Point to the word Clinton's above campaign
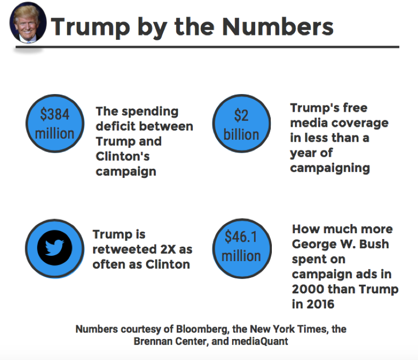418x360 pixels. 122,156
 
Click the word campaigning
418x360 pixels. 330,168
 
